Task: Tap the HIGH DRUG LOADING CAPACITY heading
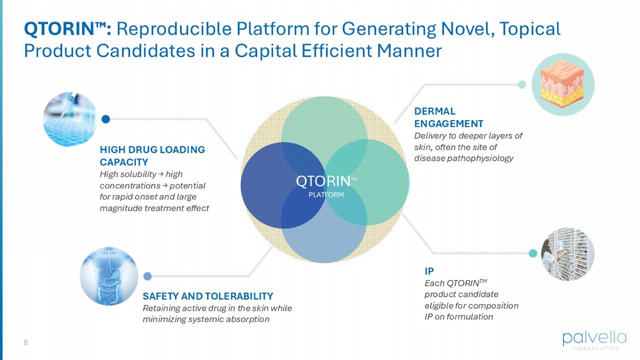pos(152,156)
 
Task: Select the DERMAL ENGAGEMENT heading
pos(448,117)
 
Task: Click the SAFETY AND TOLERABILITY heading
pos(208,296)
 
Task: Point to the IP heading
pos(429,271)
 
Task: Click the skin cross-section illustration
pos(563,84)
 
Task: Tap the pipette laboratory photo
pos(70,119)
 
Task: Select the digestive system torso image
pos(109,276)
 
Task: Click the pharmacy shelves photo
pos(567,254)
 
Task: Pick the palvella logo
pos(594,340)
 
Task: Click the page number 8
pos(26,343)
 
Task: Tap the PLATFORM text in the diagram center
pos(326,195)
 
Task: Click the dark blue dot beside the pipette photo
pos(106,119)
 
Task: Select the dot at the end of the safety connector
pos(148,276)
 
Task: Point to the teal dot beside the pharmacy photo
pos(533,253)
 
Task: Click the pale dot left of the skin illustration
pos(522,84)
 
